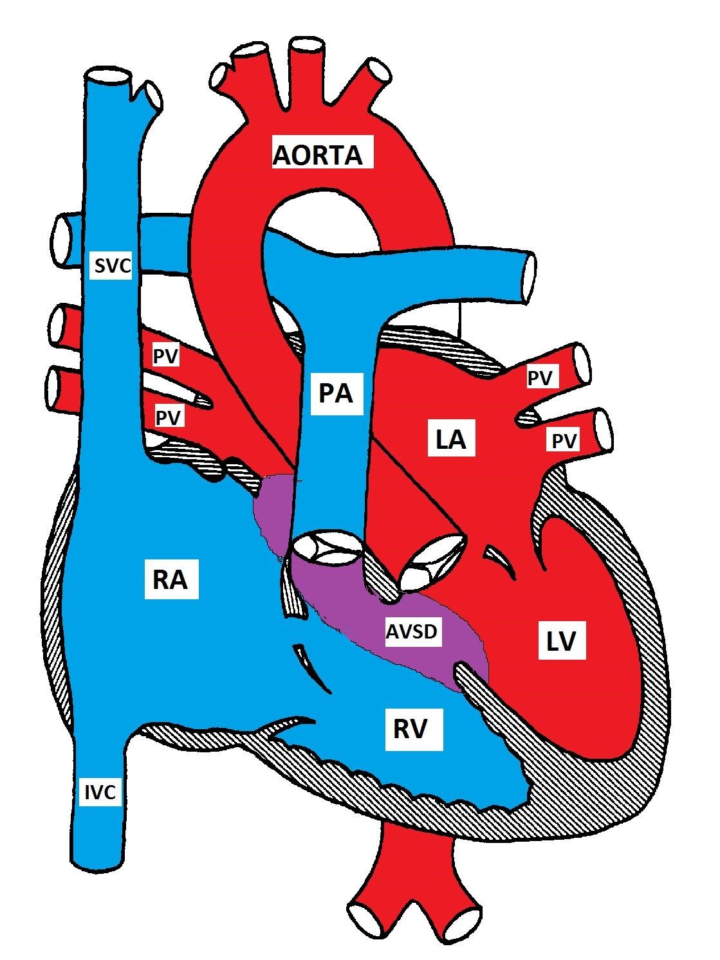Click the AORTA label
coord(318,154)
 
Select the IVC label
coord(100,792)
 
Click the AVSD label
coord(412,631)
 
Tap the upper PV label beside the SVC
coord(165,356)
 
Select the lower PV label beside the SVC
coord(169,417)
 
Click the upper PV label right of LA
coord(540,378)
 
